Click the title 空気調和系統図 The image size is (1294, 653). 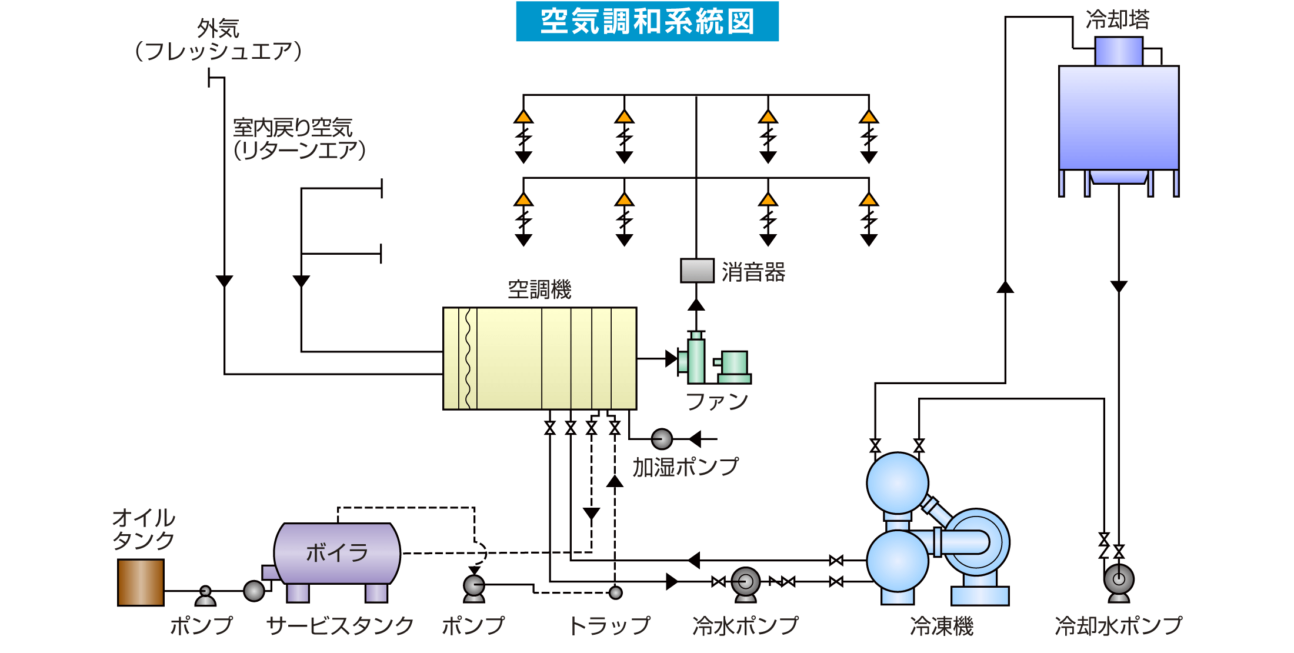647,22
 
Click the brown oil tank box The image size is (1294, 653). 141,582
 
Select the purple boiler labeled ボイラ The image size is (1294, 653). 337,553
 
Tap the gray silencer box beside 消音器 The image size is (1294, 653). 697,271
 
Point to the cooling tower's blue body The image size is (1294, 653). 1119,118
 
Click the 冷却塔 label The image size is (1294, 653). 1118,19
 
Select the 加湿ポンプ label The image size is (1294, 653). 685,467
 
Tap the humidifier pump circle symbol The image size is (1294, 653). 662,439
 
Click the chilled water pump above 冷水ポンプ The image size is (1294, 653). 746,582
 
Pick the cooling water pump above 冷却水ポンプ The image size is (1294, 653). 1119,579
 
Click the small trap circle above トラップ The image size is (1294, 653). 616,592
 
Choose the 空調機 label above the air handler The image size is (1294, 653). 539,289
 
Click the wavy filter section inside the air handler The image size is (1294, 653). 468,358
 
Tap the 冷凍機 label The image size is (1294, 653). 942,626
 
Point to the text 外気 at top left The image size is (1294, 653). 218,28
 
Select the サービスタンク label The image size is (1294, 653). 340,626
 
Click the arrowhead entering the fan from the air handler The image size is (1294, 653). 671,358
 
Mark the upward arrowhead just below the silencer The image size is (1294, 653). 696,305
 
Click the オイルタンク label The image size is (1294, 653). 144,529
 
